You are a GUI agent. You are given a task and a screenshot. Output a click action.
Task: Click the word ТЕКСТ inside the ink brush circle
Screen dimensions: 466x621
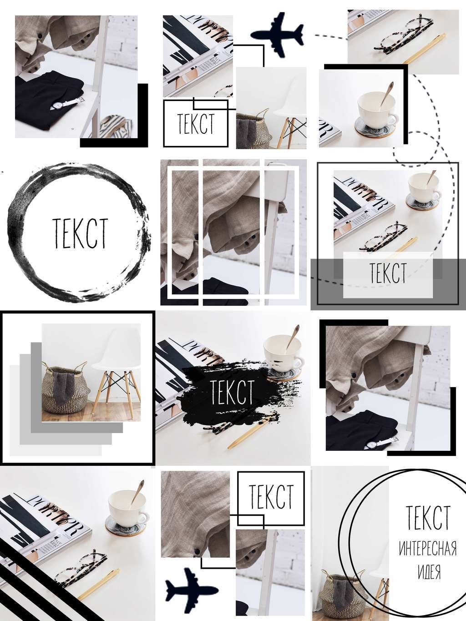tap(80, 233)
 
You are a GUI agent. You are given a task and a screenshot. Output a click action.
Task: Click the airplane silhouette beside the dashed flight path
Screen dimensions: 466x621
tap(277, 34)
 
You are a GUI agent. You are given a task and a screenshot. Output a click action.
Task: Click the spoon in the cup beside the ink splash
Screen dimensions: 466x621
tap(292, 337)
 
